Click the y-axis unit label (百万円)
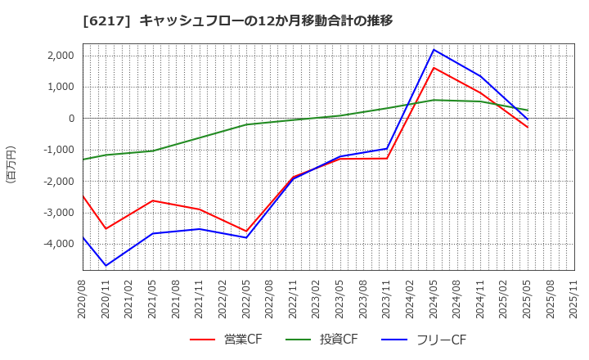[x=11, y=164]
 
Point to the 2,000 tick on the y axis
[x=60, y=56]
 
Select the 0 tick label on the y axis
[x=70, y=119]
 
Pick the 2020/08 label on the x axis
[x=83, y=304]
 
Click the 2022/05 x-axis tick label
[x=246, y=304]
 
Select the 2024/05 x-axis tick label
[x=434, y=304]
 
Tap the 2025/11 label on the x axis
[x=574, y=304]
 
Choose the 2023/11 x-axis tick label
[x=387, y=304]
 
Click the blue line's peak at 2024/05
[x=434, y=49]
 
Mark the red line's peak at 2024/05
[x=434, y=68]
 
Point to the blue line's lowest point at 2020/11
[x=106, y=266]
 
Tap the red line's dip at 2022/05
[x=246, y=232]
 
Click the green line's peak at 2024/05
[x=434, y=100]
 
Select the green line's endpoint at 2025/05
[x=528, y=110]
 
